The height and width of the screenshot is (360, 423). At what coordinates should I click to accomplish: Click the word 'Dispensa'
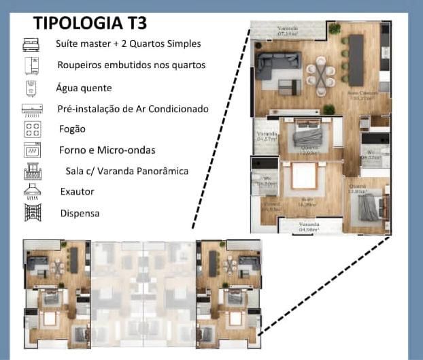pos(80,213)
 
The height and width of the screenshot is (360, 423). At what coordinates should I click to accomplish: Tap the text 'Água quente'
pos(84,88)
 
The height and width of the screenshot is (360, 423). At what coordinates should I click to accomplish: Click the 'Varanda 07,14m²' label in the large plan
pos(288,31)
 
